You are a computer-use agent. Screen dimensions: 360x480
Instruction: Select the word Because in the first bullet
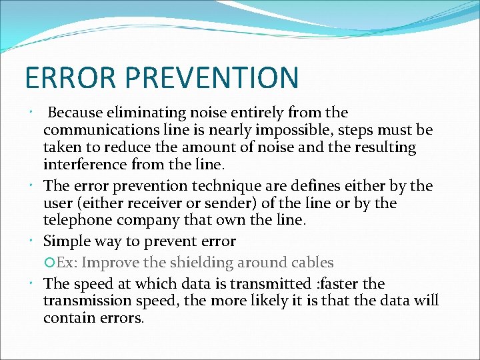coord(74,113)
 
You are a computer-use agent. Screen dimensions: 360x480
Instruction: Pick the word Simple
coord(65,241)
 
